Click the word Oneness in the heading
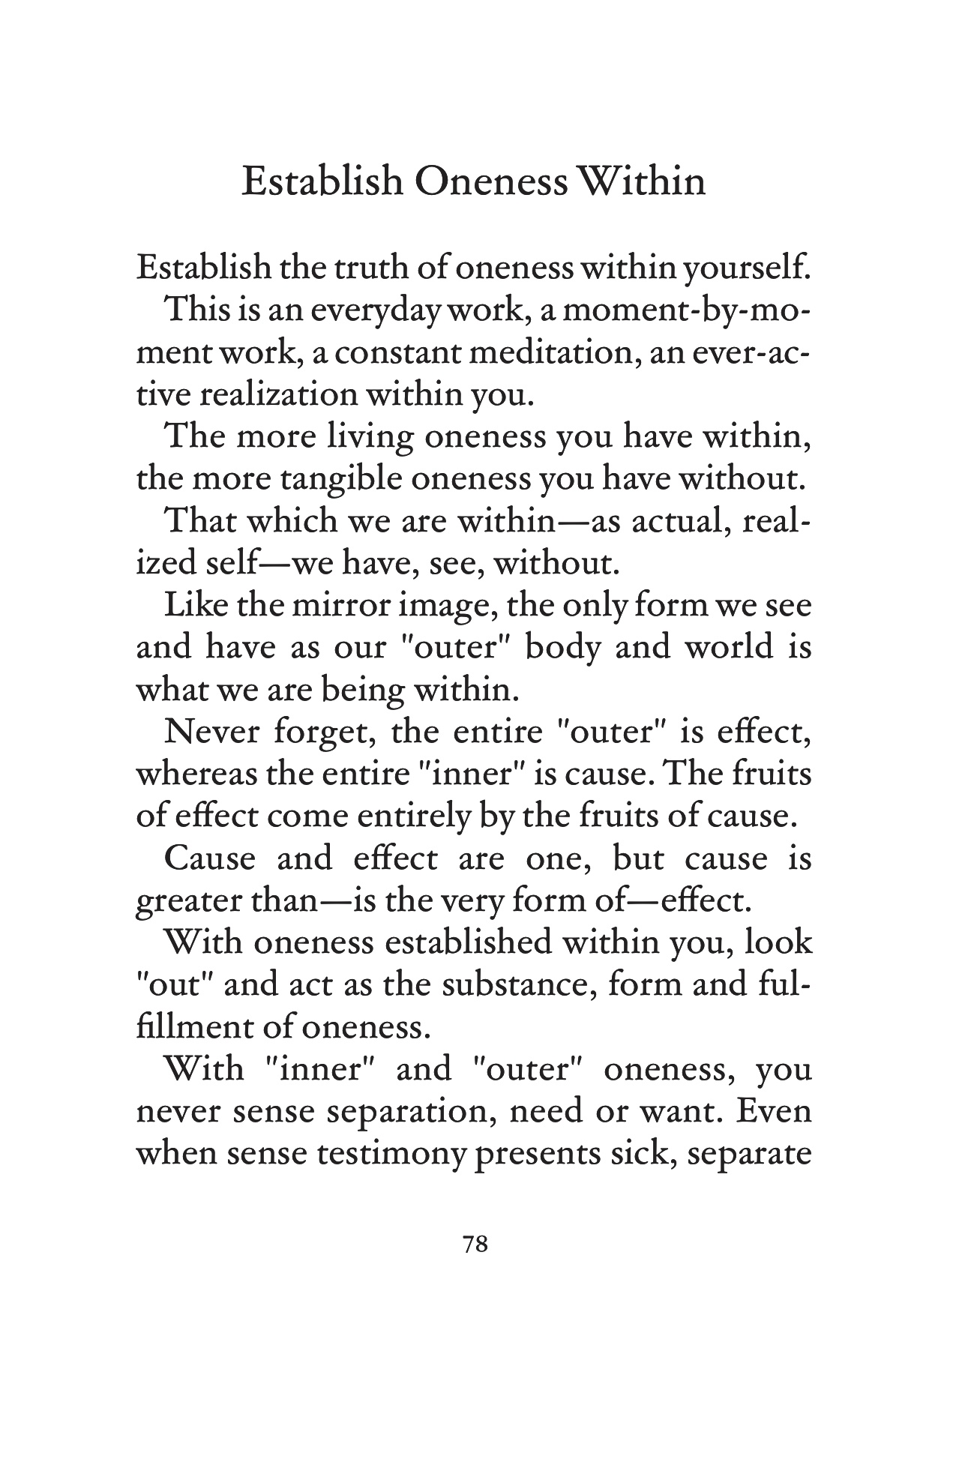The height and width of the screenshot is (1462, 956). coord(490,182)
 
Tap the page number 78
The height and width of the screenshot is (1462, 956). coord(476,1245)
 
